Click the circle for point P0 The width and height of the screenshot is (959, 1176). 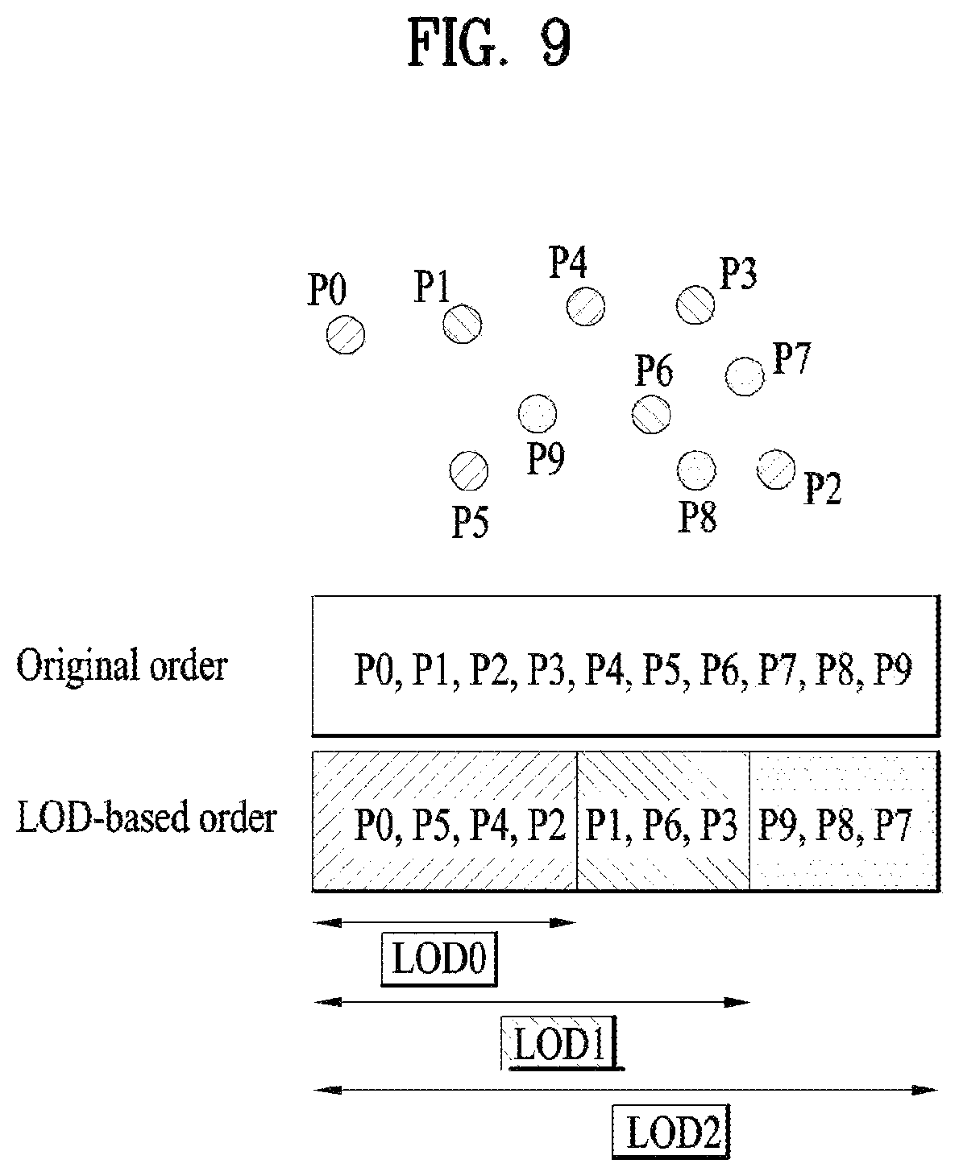[345, 334]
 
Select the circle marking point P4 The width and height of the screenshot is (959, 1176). [586, 306]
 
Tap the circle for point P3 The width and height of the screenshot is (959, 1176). [695, 304]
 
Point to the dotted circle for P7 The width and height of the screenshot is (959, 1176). [745, 376]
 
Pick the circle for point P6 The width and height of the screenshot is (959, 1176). [651, 414]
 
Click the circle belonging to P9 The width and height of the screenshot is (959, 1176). [538, 413]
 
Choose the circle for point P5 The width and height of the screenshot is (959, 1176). [468, 471]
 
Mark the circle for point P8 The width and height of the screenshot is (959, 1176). [696, 470]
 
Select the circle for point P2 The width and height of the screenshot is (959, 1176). [775, 470]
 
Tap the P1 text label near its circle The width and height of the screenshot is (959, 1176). [432, 287]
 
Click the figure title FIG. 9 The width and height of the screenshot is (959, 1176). [489, 43]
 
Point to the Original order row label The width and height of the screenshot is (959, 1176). [122, 666]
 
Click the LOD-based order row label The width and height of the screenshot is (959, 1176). [147, 817]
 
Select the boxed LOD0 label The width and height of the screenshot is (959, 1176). [439, 959]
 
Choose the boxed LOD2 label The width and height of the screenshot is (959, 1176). [671, 1131]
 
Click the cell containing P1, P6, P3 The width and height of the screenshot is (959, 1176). [663, 821]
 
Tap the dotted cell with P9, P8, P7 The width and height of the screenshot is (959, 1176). [844, 821]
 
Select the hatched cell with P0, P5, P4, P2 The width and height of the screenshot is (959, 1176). [445, 821]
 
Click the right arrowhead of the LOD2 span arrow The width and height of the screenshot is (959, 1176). [925, 1091]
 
